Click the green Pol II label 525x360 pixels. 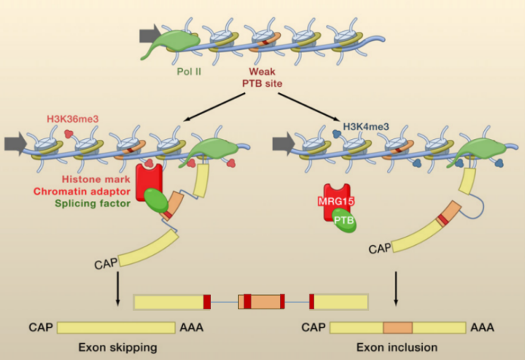pyautogui.click(x=189, y=71)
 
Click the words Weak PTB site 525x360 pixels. pyautogui.click(x=262, y=77)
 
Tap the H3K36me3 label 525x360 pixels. pyautogui.click(x=73, y=119)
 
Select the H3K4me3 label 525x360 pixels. pyautogui.click(x=366, y=126)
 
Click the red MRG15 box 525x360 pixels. pyautogui.click(x=336, y=201)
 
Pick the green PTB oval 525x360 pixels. pyautogui.click(x=344, y=220)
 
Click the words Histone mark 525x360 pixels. pyautogui.click(x=96, y=179)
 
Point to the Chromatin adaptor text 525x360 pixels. pyautogui.click(x=82, y=191)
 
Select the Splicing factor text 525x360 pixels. pyautogui.click(x=92, y=203)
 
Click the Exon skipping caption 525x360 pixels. pyautogui.click(x=117, y=348)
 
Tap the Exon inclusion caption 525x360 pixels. pyautogui.click(x=396, y=347)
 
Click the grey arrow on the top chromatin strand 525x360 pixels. pyautogui.click(x=150, y=34)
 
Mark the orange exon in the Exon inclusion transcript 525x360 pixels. pyautogui.click(x=398, y=327)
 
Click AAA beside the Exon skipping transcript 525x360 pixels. pyautogui.click(x=191, y=327)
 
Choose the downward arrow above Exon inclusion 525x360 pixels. pyautogui.click(x=396, y=289)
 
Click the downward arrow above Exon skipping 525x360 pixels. pyautogui.click(x=117, y=289)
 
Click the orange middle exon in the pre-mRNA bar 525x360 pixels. pyautogui.click(x=262, y=302)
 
